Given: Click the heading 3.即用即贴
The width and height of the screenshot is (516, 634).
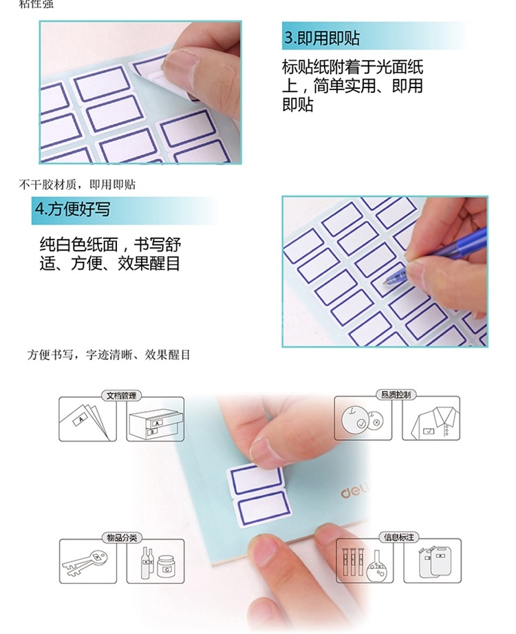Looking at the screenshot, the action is pos(322,38).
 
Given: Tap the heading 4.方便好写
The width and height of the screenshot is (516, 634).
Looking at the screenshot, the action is pos(72,209).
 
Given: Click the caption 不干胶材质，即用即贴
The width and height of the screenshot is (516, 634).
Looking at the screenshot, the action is pos(77,184).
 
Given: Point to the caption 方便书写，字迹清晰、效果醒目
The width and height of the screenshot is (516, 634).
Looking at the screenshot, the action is pos(108,355).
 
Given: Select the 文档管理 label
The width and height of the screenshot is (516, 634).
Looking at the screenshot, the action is pos(121,395).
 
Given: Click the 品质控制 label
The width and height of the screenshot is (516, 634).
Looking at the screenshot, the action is pos(396,394).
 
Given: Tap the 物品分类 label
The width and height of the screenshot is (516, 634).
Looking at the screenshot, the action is pos(122,538).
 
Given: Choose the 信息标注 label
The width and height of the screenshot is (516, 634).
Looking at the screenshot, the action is pos(399,537).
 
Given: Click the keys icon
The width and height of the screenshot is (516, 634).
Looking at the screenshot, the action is pos(85,561).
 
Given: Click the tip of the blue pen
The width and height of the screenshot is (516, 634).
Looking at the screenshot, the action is pos(385,282).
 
